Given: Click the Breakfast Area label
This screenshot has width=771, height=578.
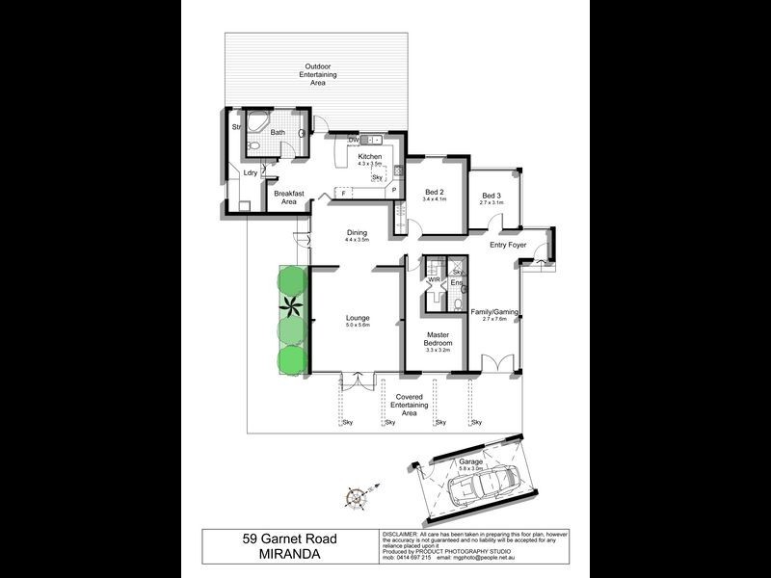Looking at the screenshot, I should tap(288, 197).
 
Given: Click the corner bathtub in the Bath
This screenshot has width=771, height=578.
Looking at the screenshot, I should tap(257, 125).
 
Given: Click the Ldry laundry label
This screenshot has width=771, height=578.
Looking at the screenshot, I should tap(250, 172).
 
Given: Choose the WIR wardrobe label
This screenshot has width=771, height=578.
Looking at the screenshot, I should tap(434, 279).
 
